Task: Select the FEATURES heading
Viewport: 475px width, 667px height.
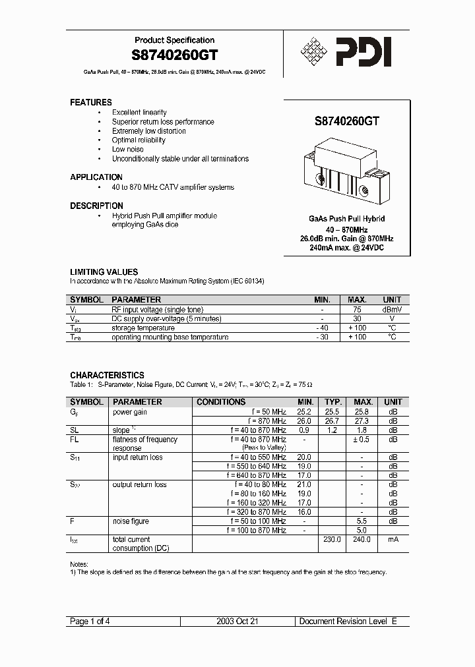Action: tap(91, 102)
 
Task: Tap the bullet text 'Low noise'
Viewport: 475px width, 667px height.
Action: tap(127, 150)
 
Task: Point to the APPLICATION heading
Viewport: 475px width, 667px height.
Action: tap(96, 177)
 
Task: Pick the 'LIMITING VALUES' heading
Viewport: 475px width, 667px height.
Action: tap(104, 272)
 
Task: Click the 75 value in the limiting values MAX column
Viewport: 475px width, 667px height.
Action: tap(358, 310)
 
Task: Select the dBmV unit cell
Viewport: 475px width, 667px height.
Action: tap(392, 310)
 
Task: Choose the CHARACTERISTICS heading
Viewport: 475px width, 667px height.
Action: tap(107, 375)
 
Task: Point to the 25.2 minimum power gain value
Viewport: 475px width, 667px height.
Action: tap(305, 412)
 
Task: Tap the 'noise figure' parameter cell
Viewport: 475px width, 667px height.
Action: tap(131, 521)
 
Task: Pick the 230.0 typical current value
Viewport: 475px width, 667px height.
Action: tap(332, 539)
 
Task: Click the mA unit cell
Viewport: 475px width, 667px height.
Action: tap(393, 539)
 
